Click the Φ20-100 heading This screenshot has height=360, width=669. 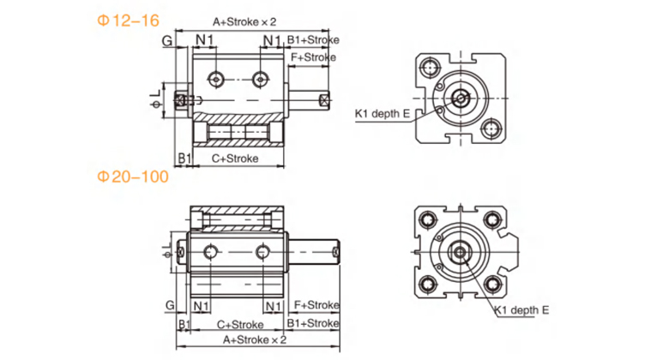pyautogui.click(x=132, y=177)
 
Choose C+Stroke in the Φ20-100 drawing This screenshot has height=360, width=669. pyautogui.click(x=239, y=323)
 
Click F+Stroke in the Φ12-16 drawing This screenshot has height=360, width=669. pyautogui.click(x=313, y=57)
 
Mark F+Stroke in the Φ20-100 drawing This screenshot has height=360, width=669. pyautogui.click(x=315, y=305)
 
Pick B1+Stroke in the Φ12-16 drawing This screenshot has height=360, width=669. pyautogui.click(x=312, y=39)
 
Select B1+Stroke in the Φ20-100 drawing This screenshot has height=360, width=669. pyautogui.click(x=312, y=323)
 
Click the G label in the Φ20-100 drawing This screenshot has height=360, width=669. pyautogui.click(x=170, y=305)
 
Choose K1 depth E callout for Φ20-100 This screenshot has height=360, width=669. pyautogui.click(x=521, y=313)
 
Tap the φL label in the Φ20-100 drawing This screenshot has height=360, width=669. pyautogui.click(x=165, y=249)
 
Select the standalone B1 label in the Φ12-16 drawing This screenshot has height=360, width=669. pyautogui.click(x=183, y=159)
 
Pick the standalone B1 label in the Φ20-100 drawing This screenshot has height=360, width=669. pyautogui.click(x=183, y=323)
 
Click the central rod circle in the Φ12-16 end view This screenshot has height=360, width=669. pyautogui.click(x=461, y=98)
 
